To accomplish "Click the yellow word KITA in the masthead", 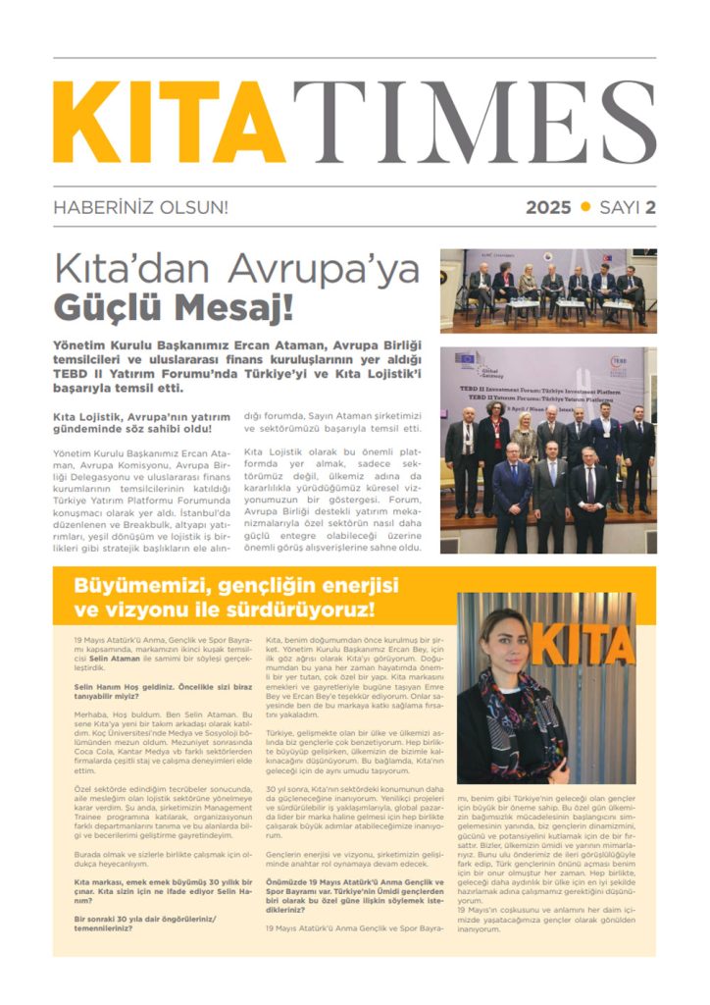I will (x=169, y=122).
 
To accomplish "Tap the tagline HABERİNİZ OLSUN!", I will (x=140, y=207).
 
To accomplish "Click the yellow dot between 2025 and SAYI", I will (x=586, y=206).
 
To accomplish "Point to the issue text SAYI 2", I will (x=627, y=207).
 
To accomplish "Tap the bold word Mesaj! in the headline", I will (x=236, y=306).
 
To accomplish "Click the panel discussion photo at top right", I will (x=548, y=291).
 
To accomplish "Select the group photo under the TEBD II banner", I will (x=548, y=450).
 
